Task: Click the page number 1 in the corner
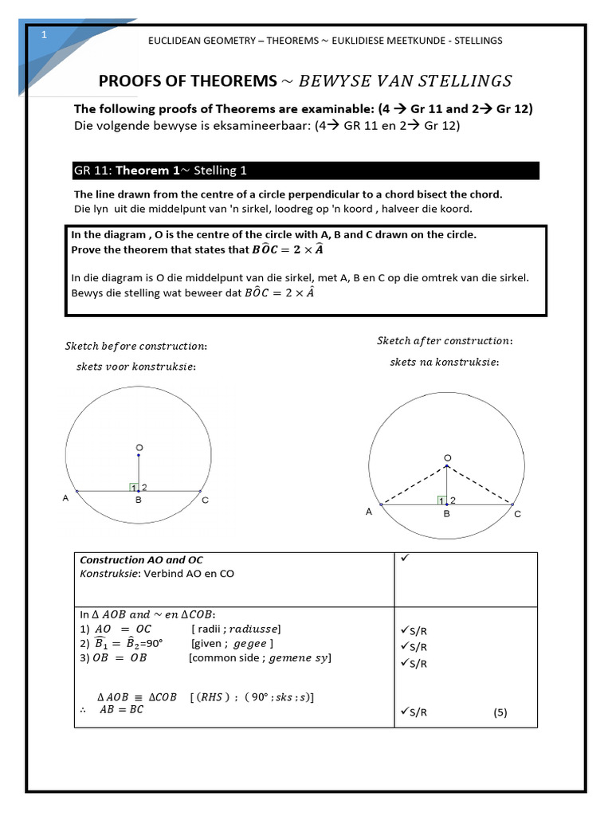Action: coord(45,35)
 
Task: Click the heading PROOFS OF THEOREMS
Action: coord(186,80)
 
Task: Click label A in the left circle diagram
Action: coord(65,498)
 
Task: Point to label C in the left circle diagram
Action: coord(205,500)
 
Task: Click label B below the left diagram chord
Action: coord(138,500)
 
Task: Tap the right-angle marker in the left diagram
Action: coord(134,487)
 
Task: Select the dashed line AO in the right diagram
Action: coord(414,486)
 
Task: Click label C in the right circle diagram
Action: coord(517,514)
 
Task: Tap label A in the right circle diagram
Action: coord(369,512)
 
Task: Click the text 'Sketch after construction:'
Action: coord(445,341)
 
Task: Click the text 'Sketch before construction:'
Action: coord(135,346)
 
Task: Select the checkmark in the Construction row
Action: coord(405,559)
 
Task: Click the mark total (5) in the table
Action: coord(500,712)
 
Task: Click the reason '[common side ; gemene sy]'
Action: coord(260,657)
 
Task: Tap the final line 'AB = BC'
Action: coord(121,710)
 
